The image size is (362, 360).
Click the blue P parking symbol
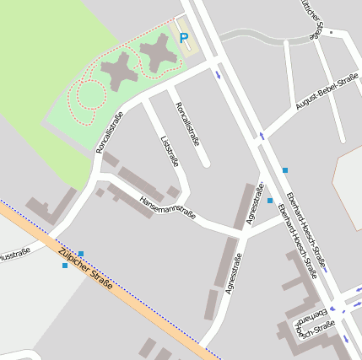tap(184, 37)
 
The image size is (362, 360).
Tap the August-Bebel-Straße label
tap(327, 93)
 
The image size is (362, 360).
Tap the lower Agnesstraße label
tap(234, 273)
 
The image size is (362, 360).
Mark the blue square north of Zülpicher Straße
tap(81, 253)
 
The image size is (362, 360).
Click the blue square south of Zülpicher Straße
tap(65, 266)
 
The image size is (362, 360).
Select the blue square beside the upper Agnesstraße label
tap(270, 201)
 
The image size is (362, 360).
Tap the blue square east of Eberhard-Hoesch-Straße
tap(285, 170)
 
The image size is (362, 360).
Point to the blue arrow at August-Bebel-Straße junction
tap(262, 135)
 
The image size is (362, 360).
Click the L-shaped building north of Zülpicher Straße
tap(51, 206)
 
